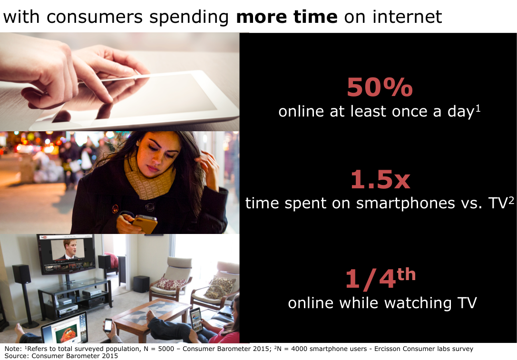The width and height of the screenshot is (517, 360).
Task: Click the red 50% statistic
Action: [380, 88]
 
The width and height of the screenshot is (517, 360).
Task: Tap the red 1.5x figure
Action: [380, 179]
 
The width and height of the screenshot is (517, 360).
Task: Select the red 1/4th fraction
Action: [380, 279]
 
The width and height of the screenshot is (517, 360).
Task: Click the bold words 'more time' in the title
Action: [287, 17]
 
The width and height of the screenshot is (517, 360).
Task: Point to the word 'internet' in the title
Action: [407, 17]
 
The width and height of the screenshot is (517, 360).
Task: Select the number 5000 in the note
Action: [166, 349]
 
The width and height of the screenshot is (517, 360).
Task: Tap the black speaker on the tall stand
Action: [22, 273]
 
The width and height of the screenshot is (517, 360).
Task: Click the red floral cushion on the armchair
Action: [171, 284]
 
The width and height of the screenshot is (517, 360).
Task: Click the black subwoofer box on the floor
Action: [141, 284]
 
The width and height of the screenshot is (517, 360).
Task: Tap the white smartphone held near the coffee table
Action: [108, 325]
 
